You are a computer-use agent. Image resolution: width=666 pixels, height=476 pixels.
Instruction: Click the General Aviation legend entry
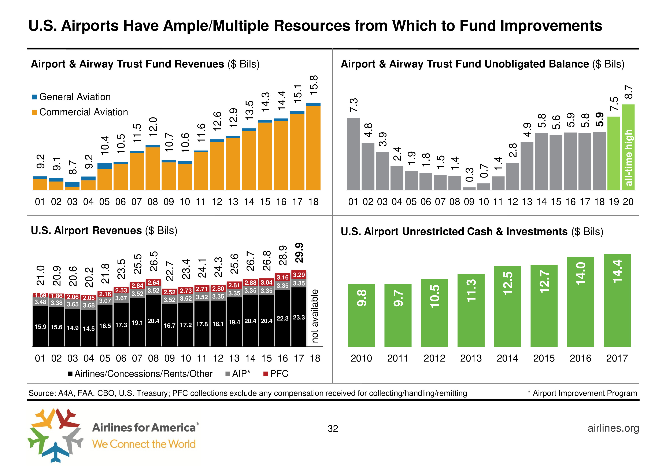(x=71, y=97)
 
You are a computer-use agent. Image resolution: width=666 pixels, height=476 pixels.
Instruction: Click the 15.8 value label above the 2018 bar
(x=314, y=85)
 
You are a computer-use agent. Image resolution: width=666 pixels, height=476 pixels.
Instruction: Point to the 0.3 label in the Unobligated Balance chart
(x=470, y=175)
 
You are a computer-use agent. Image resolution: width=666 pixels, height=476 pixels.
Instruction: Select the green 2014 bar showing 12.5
(x=507, y=306)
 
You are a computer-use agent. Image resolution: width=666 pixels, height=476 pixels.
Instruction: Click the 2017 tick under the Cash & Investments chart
(x=617, y=358)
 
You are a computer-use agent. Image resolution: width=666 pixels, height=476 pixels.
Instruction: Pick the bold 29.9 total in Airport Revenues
(x=299, y=253)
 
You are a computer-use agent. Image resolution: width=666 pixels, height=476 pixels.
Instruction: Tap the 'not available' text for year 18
(x=315, y=316)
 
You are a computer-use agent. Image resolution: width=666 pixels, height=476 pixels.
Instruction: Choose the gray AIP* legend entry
(x=238, y=374)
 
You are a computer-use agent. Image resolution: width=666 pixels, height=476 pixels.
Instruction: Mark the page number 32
(x=333, y=429)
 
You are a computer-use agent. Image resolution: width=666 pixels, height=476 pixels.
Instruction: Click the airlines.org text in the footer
(x=613, y=428)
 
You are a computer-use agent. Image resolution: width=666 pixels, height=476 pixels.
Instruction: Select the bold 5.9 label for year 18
(x=600, y=120)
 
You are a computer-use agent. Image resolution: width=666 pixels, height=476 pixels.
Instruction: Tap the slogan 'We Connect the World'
(x=144, y=444)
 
